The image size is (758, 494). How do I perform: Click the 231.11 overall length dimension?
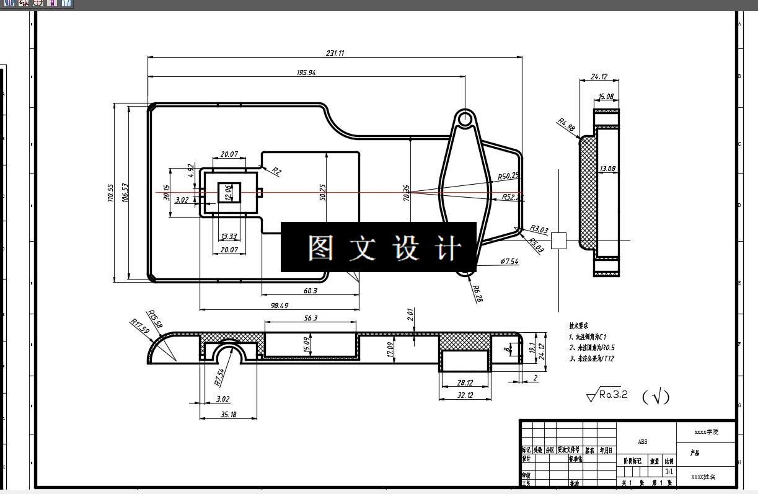point(335,53)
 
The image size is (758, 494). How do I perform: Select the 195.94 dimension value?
point(306,73)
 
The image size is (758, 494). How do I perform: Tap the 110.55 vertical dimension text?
point(110,193)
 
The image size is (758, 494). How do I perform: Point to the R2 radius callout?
point(276,171)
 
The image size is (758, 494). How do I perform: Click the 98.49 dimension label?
point(280,306)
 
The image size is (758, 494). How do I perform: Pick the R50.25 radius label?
point(508,176)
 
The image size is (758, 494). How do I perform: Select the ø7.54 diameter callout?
point(509,262)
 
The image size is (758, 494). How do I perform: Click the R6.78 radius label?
point(477,293)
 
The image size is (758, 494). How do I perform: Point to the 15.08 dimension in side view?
point(606,97)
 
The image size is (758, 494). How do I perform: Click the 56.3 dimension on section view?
point(311,318)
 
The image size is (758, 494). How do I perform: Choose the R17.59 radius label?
point(140,326)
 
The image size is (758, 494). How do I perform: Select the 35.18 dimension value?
point(228,415)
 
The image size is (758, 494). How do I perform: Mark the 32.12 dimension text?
point(465,395)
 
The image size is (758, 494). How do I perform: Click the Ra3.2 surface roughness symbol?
point(607,395)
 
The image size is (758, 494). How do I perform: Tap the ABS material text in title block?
point(643,442)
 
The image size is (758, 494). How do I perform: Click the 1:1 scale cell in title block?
point(669,472)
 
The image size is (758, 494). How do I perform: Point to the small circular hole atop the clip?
point(465,117)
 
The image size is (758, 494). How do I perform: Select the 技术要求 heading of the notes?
point(579,325)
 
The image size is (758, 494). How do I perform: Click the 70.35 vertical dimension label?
point(407,193)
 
